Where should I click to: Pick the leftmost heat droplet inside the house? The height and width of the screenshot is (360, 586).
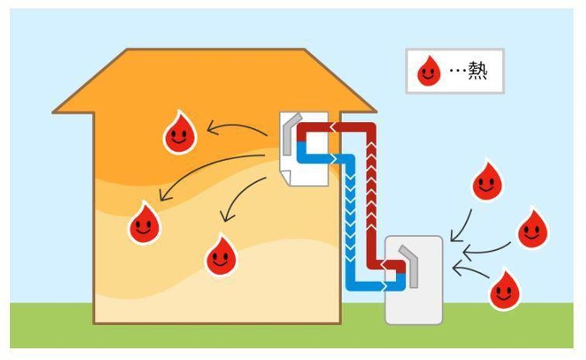(x=144, y=224)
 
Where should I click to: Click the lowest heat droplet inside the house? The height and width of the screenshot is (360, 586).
(x=221, y=256)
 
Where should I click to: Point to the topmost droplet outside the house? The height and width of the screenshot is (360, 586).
(x=487, y=181)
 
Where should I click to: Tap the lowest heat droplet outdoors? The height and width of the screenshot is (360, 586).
(x=504, y=290)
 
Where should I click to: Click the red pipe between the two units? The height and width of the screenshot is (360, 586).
(x=373, y=189)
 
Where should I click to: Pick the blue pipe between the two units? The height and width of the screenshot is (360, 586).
(x=351, y=217)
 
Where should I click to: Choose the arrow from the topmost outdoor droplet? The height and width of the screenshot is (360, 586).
(x=462, y=226)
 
